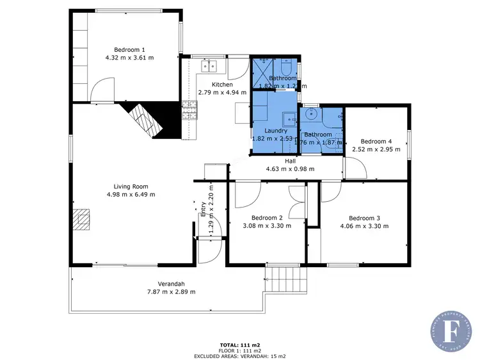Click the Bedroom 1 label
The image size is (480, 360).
[129, 49]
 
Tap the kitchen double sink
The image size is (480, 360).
[210, 65]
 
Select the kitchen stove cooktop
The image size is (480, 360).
[189, 111]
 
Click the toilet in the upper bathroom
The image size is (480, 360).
[286, 68]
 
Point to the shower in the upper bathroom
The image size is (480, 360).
[262, 69]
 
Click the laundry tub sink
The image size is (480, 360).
[289, 119]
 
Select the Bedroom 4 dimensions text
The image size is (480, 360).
[376, 149]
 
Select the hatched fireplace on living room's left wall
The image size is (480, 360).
[81, 219]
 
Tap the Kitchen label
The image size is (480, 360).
[222, 85]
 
